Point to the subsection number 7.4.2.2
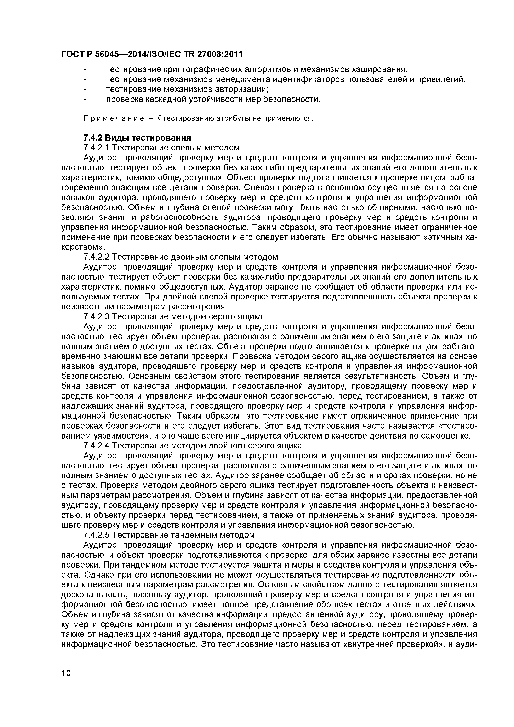tap(96, 257)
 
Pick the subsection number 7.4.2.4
tap(96, 446)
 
